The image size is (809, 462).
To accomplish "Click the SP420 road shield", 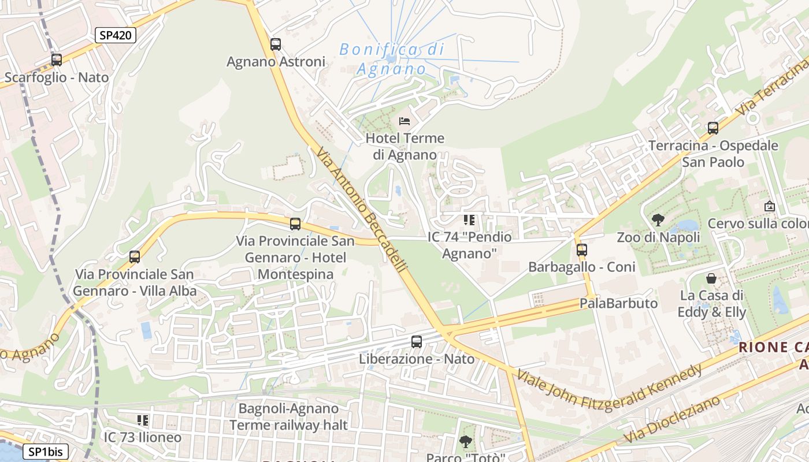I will tap(115, 35).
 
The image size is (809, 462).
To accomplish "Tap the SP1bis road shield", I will tap(46, 452).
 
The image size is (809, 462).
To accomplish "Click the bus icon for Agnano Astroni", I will tap(276, 44).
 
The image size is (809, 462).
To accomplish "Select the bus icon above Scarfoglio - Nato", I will tap(56, 59).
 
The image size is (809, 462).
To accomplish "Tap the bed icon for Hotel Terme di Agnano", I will tap(404, 121).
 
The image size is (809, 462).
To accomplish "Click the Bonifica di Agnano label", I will tap(392, 59).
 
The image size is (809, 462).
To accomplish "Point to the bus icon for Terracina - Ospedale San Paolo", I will tap(713, 128).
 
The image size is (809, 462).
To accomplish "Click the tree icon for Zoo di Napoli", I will tap(658, 219).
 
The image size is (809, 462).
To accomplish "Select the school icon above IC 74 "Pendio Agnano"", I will tap(469, 220).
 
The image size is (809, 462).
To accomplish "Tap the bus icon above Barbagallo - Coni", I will tap(582, 250).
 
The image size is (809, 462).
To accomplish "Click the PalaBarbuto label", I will tap(618, 303).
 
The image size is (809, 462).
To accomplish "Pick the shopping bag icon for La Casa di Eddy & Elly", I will tap(711, 278).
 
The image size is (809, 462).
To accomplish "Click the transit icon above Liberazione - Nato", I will tap(417, 342).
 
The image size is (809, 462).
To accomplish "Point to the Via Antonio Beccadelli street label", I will tap(362, 209).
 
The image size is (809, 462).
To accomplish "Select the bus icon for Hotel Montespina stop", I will tap(295, 223).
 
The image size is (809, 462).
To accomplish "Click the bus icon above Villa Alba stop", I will tap(135, 257).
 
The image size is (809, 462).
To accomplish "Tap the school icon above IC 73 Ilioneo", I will tap(143, 420).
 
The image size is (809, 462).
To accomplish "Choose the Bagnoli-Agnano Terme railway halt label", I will tap(288, 417).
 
